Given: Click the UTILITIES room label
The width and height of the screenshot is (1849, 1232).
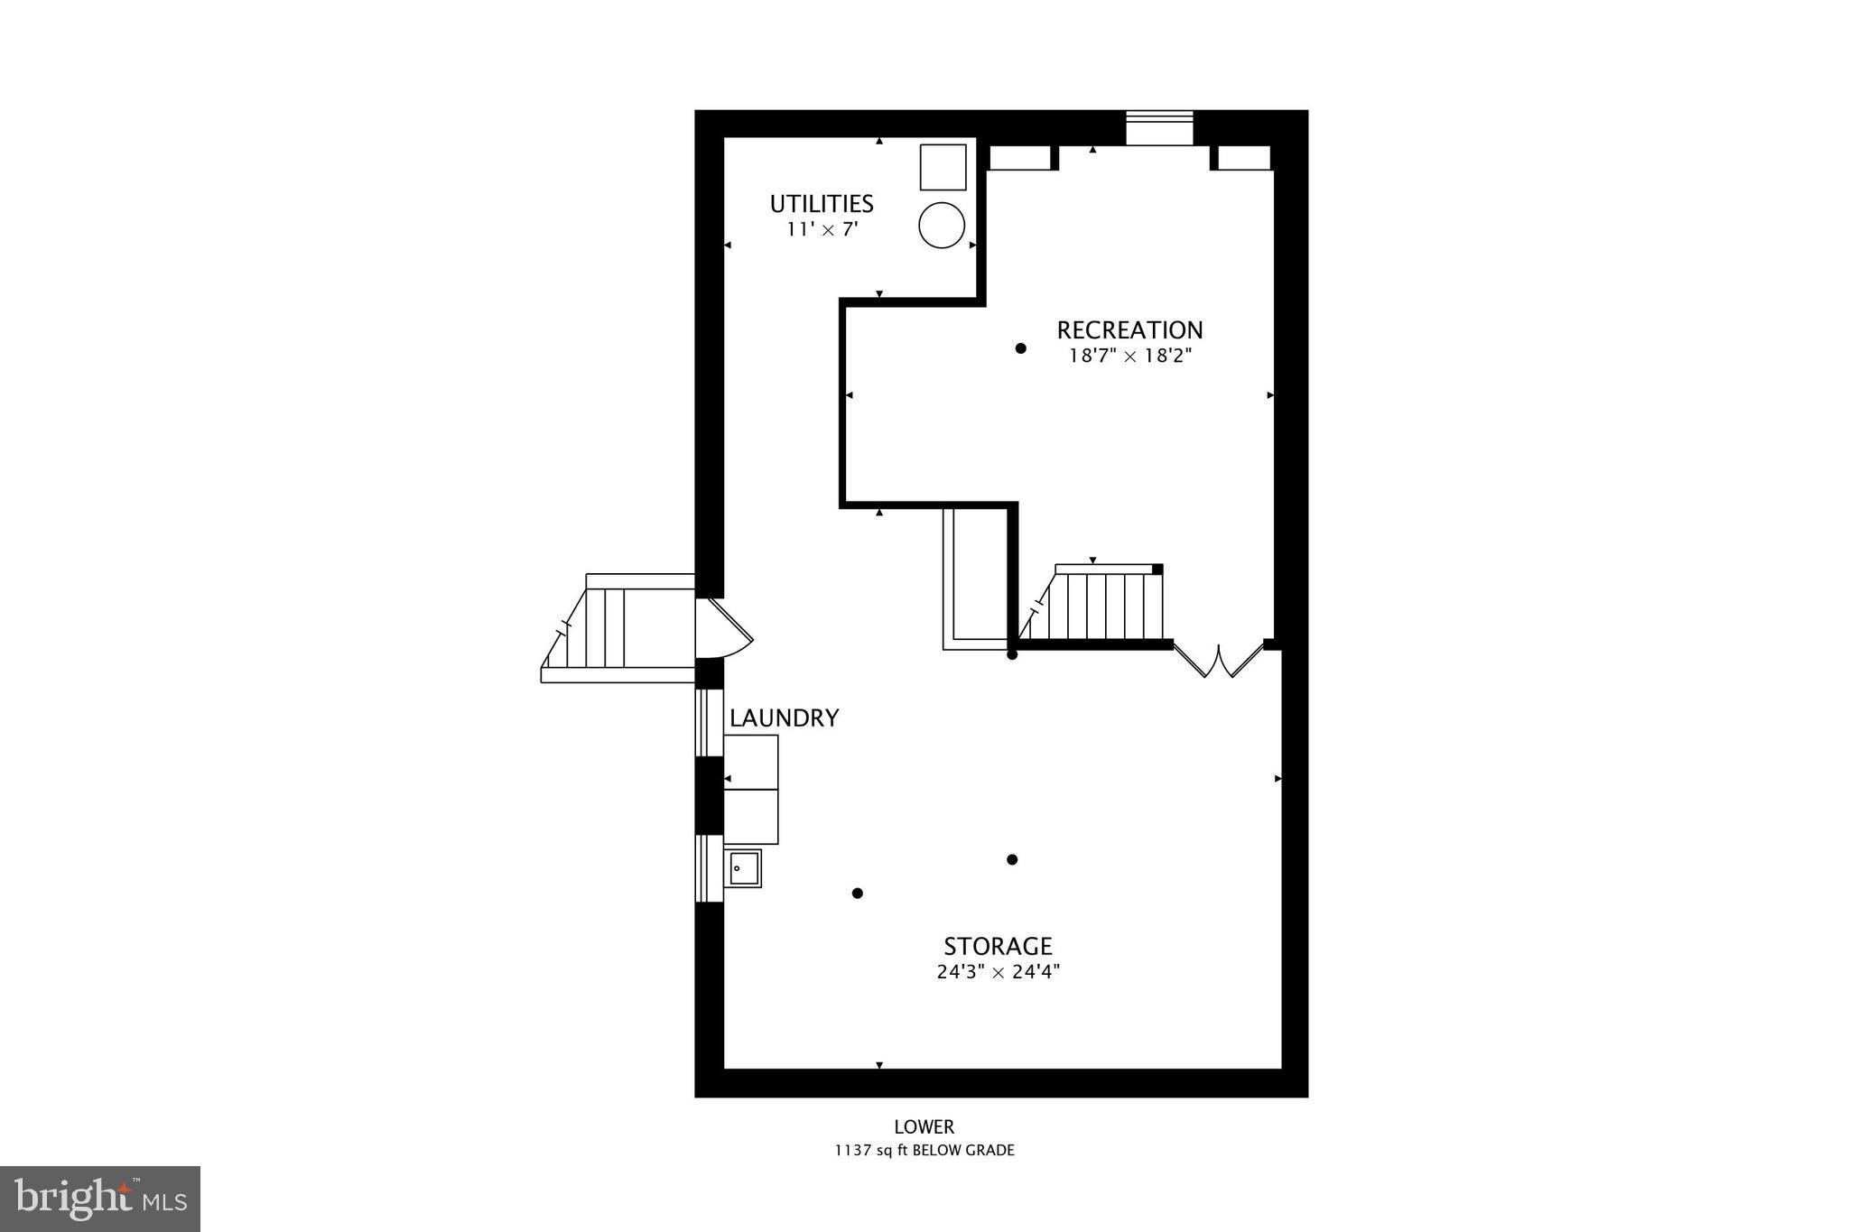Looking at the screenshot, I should click(x=822, y=204).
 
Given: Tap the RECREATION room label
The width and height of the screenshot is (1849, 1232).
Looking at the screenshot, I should click(x=1129, y=330).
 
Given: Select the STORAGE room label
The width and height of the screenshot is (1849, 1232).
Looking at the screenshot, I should click(x=998, y=947).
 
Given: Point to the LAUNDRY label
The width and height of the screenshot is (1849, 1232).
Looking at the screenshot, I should click(x=785, y=718).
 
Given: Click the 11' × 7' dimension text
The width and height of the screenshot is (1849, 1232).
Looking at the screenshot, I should click(x=822, y=230).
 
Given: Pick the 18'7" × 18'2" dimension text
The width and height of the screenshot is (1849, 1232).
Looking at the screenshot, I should click(x=1130, y=356).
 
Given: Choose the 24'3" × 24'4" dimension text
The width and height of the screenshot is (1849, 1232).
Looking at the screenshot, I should click(x=998, y=972).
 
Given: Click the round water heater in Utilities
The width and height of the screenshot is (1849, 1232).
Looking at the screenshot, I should click(x=942, y=225).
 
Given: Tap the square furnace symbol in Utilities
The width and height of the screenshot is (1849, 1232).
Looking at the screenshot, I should click(x=943, y=167).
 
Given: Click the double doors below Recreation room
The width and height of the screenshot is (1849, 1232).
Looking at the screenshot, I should click(x=1219, y=661).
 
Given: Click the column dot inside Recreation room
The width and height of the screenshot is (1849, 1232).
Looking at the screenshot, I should click(x=1020, y=348).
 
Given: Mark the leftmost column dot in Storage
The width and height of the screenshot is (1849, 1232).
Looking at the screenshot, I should click(x=858, y=894).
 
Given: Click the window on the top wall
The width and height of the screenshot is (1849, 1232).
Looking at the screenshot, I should click(x=1159, y=127).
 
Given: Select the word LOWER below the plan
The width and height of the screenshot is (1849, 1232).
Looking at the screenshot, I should click(x=924, y=1126).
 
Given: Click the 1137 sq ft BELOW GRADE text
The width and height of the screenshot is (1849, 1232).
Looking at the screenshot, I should click(x=924, y=1151).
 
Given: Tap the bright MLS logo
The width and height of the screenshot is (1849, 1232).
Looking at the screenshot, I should click(x=100, y=1199).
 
